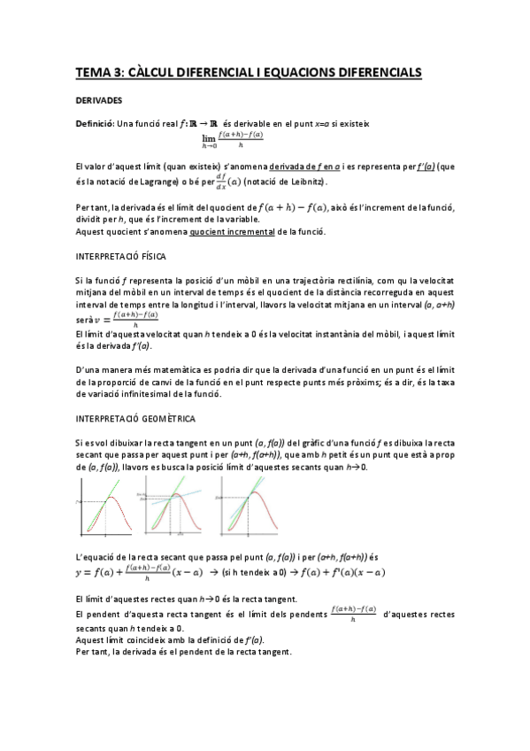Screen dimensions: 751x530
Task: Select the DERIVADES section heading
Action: pos(98,101)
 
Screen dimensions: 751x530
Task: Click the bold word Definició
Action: pos(96,123)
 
